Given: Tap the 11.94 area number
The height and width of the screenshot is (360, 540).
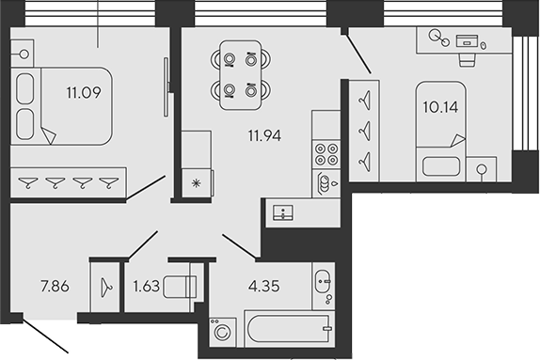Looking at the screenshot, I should point(263,134).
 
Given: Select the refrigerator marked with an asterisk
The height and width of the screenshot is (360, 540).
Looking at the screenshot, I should point(197,182).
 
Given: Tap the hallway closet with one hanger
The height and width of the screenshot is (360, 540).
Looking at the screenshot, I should point(105,282).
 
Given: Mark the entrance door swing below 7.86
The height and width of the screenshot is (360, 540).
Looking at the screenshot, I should point(47,336).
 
